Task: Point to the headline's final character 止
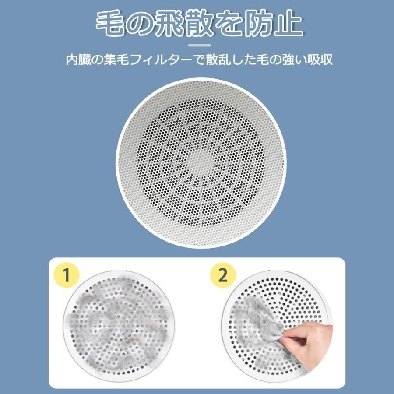pos(287,24)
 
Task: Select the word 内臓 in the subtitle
pos(78,60)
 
